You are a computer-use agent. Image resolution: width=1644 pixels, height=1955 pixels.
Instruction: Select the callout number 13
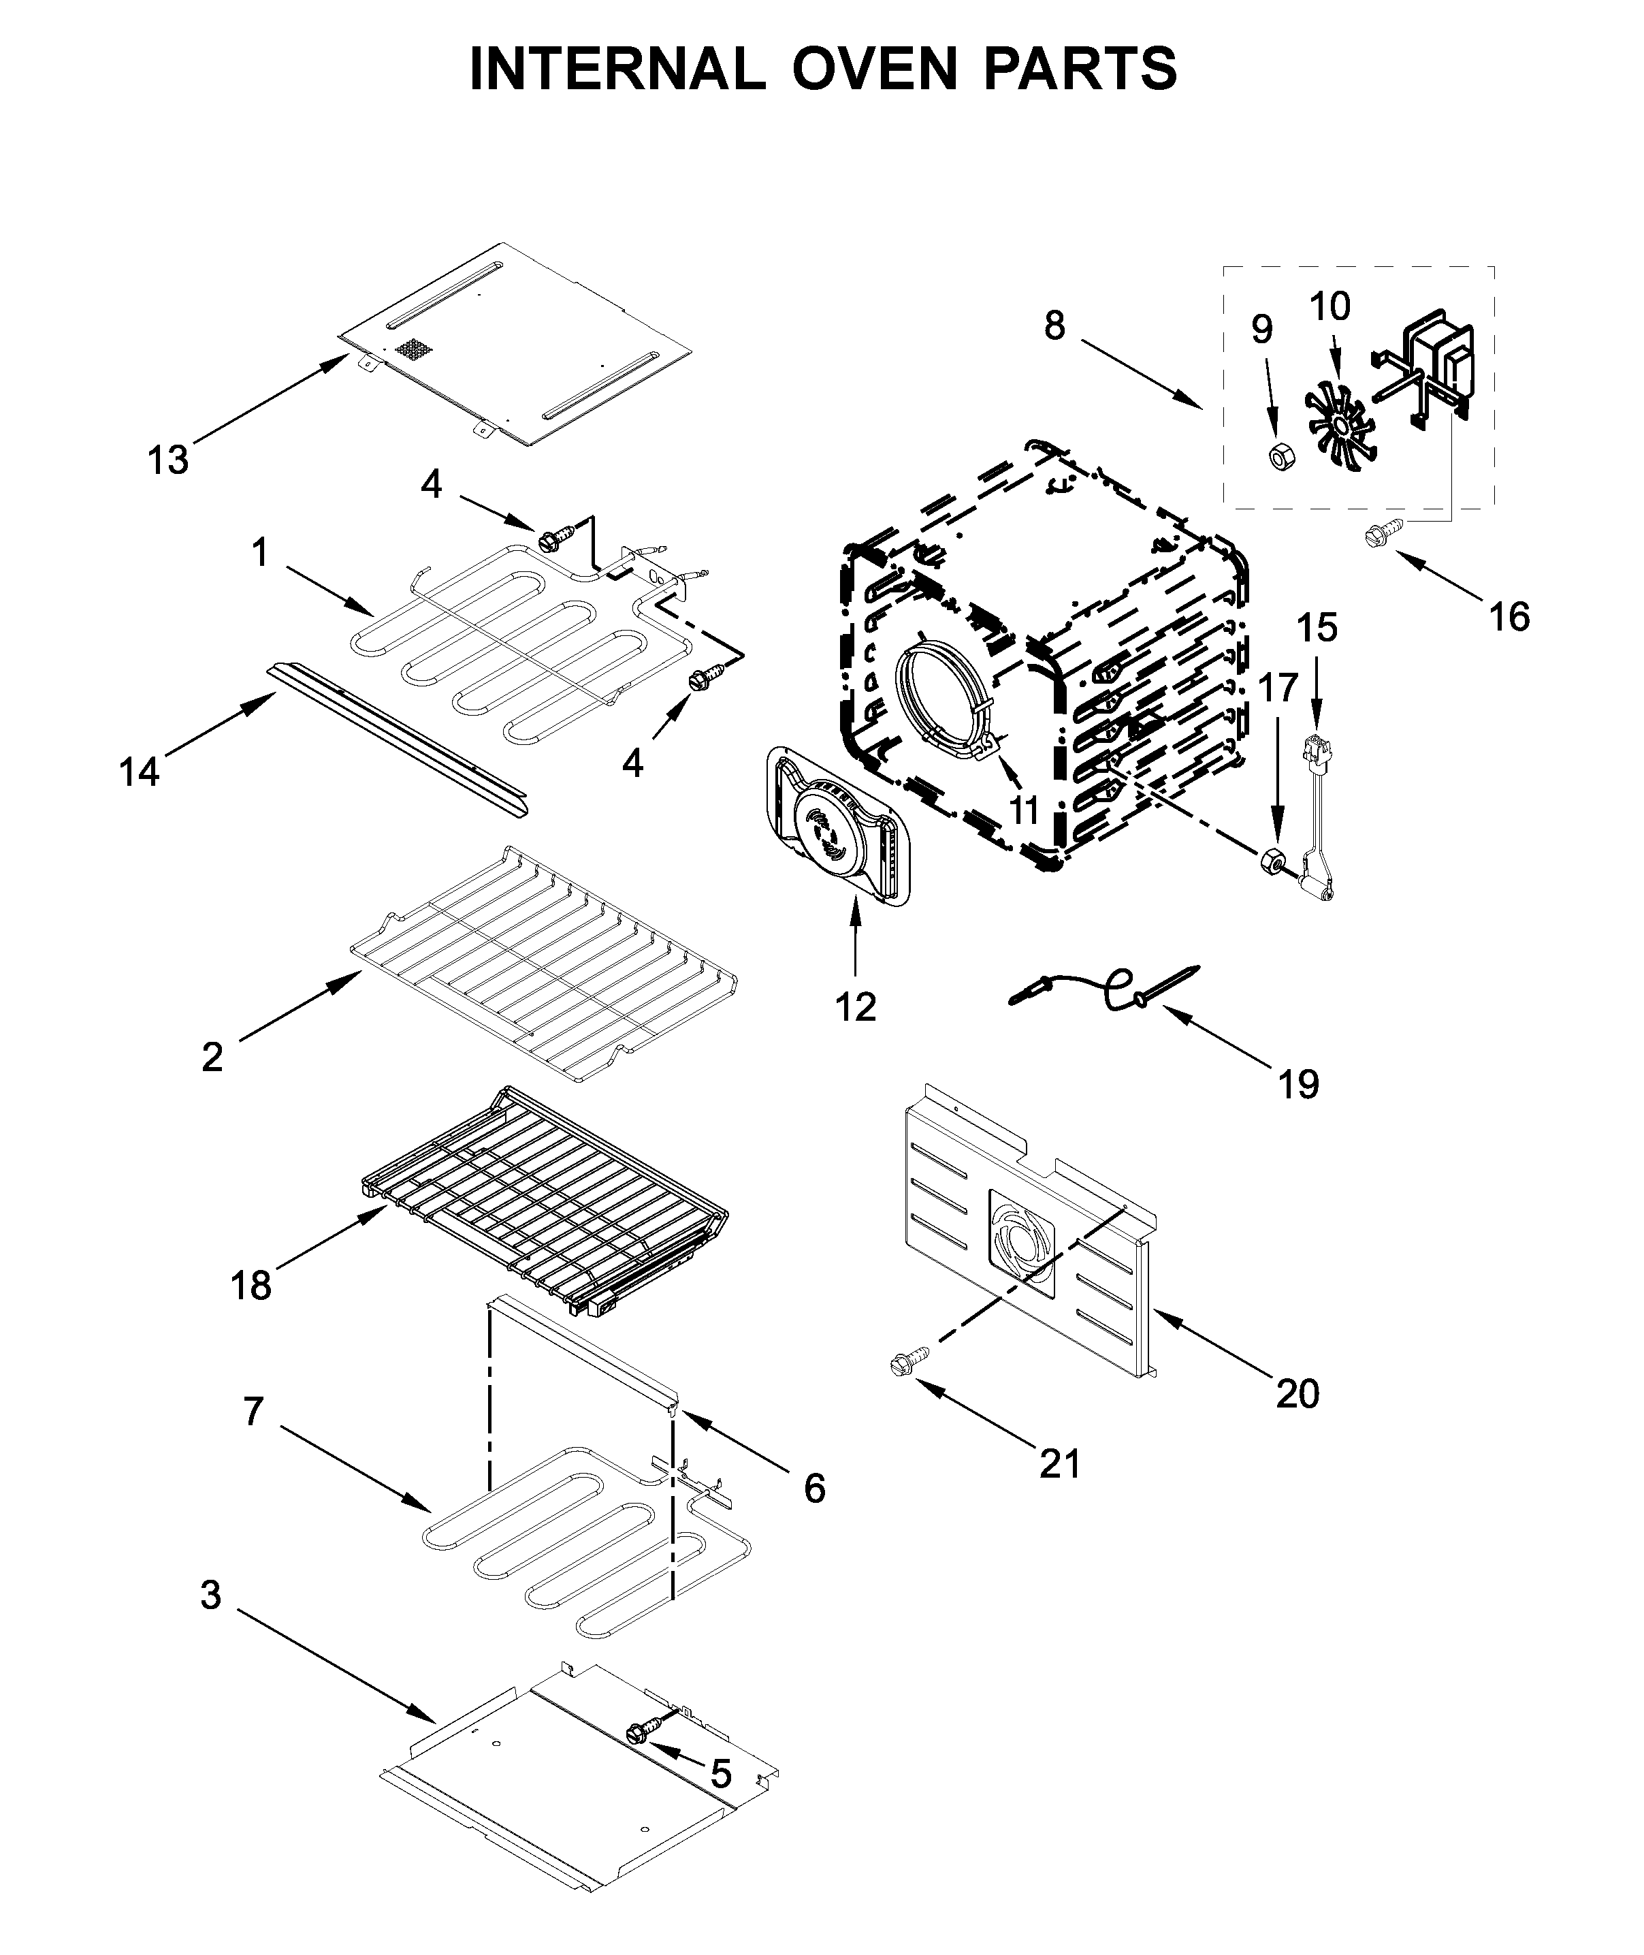pyautogui.click(x=169, y=460)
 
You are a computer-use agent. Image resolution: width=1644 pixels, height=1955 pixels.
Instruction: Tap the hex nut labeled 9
pyautogui.click(x=1278, y=456)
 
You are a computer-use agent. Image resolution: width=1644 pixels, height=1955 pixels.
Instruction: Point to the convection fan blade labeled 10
pyautogui.click(x=1339, y=426)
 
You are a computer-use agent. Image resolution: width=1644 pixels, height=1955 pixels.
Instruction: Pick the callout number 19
pyautogui.click(x=1298, y=1084)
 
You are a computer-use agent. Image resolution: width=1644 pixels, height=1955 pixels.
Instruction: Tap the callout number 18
pyautogui.click(x=251, y=1286)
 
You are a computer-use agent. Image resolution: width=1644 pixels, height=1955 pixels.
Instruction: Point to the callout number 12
pyautogui.click(x=856, y=1007)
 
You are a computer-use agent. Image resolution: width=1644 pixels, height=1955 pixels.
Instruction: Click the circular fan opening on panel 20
pyautogui.click(x=1020, y=1245)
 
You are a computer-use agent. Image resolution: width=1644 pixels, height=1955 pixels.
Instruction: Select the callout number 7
pyautogui.click(x=253, y=1412)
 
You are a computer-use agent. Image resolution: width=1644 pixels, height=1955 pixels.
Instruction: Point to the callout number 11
pyautogui.click(x=1025, y=810)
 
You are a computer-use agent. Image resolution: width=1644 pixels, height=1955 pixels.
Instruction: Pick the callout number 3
pyautogui.click(x=212, y=1595)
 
